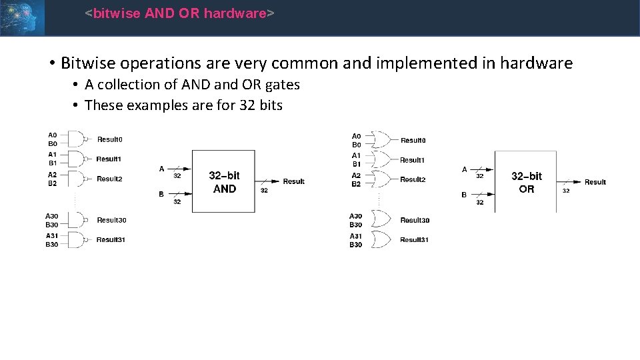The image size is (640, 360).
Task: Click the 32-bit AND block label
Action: (224, 182)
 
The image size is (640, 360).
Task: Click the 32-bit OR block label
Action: (527, 183)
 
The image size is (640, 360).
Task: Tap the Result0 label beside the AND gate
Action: (110, 139)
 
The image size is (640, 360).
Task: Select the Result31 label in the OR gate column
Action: (414, 240)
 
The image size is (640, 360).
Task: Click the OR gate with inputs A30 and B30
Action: (382, 220)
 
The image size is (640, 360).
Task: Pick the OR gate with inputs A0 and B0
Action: (382, 139)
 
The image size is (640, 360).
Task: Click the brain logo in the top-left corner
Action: (22, 17)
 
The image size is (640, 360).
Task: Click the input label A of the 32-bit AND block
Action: (161, 169)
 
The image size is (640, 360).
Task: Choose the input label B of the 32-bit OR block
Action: (465, 195)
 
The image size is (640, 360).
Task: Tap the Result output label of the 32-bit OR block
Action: (595, 182)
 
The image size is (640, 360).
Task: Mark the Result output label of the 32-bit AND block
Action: (293, 181)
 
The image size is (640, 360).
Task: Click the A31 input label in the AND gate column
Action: (51, 236)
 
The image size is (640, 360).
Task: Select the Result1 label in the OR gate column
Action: (412, 160)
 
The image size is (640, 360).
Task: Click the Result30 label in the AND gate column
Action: (111, 220)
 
